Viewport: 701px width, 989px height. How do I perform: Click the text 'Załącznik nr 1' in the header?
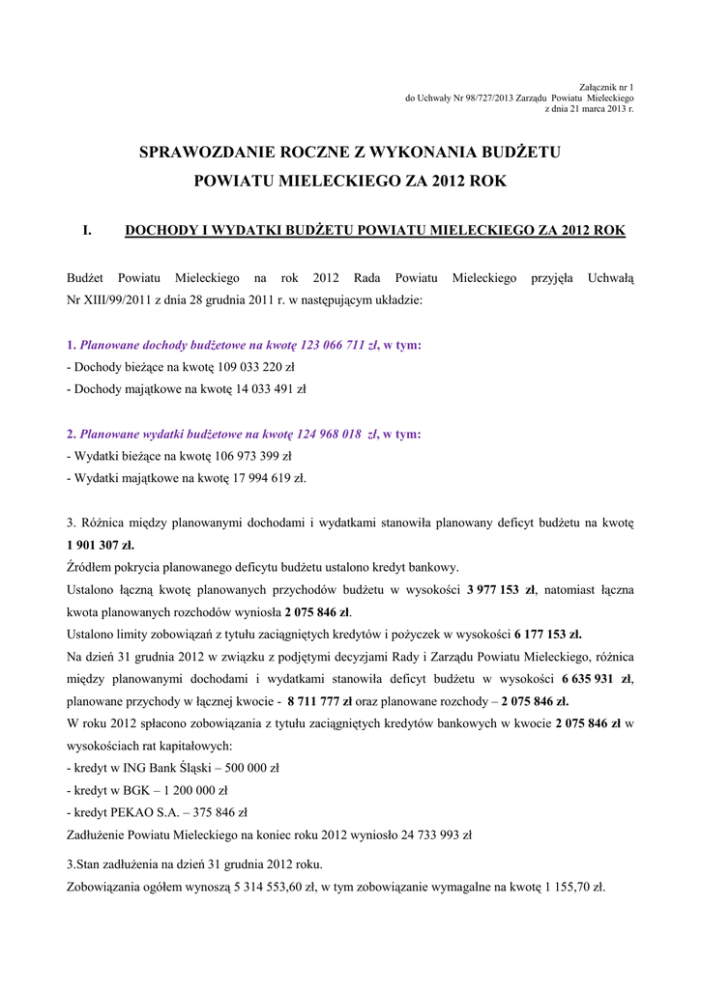tap(605, 88)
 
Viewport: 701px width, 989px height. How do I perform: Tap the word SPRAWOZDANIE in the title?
tap(200, 152)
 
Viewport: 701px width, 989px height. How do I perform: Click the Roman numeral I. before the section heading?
tap(87, 231)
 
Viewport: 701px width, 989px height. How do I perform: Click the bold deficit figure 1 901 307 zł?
tap(101, 545)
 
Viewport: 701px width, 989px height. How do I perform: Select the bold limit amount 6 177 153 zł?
tap(548, 635)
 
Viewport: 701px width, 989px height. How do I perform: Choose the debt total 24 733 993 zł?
tap(426, 834)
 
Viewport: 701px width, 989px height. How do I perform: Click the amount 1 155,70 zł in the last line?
tap(575, 886)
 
